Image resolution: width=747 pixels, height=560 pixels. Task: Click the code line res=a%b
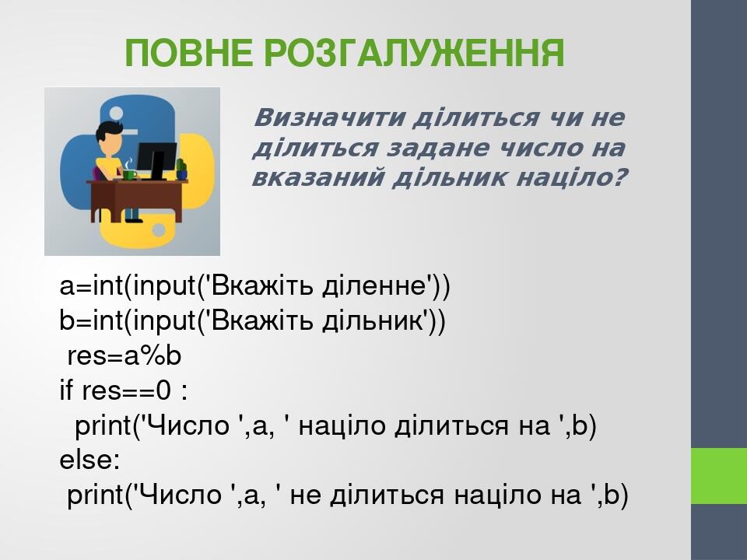point(124,356)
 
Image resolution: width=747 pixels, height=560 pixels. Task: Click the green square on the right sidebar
point(718,475)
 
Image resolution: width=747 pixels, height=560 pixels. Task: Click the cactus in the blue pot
point(181,168)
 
